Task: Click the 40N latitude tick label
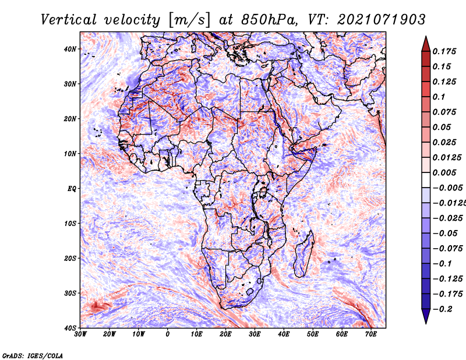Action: [x=70, y=49]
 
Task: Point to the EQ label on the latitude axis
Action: [x=72, y=189]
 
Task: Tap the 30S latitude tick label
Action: [x=70, y=294]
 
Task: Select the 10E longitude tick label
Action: [x=196, y=334]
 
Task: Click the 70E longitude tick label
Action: [x=371, y=334]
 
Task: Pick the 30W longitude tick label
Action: [x=80, y=334]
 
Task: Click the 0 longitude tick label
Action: [x=168, y=334]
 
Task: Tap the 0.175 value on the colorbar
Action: [x=444, y=51]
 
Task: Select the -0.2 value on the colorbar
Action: [x=442, y=309]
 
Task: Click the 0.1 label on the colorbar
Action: [x=439, y=97]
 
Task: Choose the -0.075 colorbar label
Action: [x=447, y=248]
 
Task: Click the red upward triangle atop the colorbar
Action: [x=426, y=44]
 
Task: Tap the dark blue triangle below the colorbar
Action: [x=426, y=316]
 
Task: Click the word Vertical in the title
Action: [x=69, y=20]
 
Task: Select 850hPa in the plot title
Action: [x=269, y=20]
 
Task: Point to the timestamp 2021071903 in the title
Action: [x=382, y=20]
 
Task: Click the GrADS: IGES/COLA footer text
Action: [x=33, y=355]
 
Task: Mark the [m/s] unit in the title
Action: [x=190, y=20]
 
